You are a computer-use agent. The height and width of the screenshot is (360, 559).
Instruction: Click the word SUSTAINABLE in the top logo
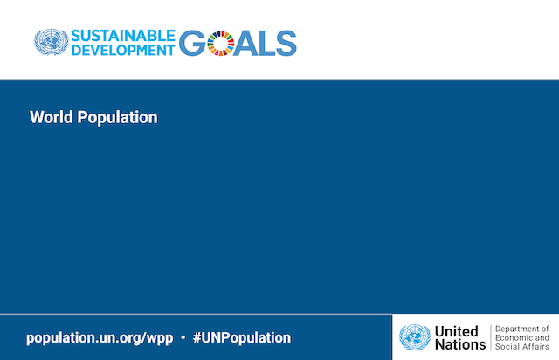click(123, 36)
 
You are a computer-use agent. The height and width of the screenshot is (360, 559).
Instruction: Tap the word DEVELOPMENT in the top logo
click(123, 51)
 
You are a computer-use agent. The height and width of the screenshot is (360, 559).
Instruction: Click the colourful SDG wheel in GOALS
click(221, 44)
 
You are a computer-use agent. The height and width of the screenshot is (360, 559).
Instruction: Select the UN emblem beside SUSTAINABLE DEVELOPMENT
click(52, 42)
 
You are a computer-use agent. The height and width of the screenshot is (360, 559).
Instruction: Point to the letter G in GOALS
click(192, 43)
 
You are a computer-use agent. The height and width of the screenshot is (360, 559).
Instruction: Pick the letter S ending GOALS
click(286, 43)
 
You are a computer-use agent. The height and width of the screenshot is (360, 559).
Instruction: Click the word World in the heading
click(52, 117)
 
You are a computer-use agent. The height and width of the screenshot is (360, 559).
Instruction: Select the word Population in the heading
click(117, 118)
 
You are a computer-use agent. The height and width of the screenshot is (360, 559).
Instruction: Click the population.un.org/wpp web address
click(100, 338)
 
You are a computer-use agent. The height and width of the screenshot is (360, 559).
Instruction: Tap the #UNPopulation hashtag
click(242, 338)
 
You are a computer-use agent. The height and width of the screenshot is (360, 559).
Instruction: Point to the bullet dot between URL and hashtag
click(183, 337)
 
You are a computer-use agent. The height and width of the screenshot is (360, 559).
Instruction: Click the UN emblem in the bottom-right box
click(415, 337)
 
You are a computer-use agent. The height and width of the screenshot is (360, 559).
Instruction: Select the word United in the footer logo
click(456, 331)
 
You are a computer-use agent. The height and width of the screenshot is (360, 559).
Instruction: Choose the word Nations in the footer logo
click(460, 344)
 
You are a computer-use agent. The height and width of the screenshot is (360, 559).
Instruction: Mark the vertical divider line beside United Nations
click(491, 337)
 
